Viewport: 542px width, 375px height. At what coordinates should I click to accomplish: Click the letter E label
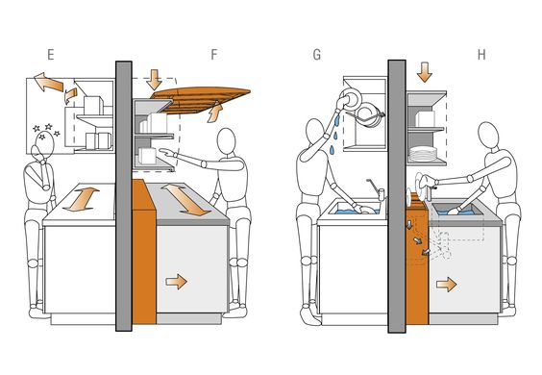[51, 55]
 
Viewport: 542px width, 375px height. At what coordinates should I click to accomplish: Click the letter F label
[214, 55]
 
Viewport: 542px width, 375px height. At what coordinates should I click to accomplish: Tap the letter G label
[316, 55]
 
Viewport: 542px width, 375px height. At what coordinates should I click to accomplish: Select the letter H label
[481, 55]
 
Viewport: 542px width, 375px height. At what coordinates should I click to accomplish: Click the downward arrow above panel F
[154, 79]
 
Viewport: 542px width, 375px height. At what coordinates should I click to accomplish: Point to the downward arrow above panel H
[425, 72]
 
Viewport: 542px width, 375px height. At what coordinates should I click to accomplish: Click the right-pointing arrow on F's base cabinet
[176, 281]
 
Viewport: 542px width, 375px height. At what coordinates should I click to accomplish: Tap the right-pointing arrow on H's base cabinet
[446, 284]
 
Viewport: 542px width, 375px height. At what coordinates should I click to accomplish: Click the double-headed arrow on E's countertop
[82, 199]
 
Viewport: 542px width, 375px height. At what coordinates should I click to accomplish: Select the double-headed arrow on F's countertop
[185, 200]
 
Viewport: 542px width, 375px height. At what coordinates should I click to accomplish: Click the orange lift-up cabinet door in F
[202, 100]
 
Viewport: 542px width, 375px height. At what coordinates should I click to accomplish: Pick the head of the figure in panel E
[44, 144]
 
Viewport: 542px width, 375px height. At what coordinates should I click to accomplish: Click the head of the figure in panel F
[227, 140]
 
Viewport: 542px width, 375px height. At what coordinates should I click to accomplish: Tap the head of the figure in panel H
[488, 136]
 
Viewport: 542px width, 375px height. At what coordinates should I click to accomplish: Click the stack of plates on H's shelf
[423, 153]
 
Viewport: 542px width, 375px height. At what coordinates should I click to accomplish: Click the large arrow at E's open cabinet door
[48, 82]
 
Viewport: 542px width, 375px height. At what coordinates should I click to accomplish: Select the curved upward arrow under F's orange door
[214, 112]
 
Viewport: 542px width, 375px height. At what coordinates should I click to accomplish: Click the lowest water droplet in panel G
[333, 150]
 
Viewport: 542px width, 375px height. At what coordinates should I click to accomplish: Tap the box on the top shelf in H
[425, 118]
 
